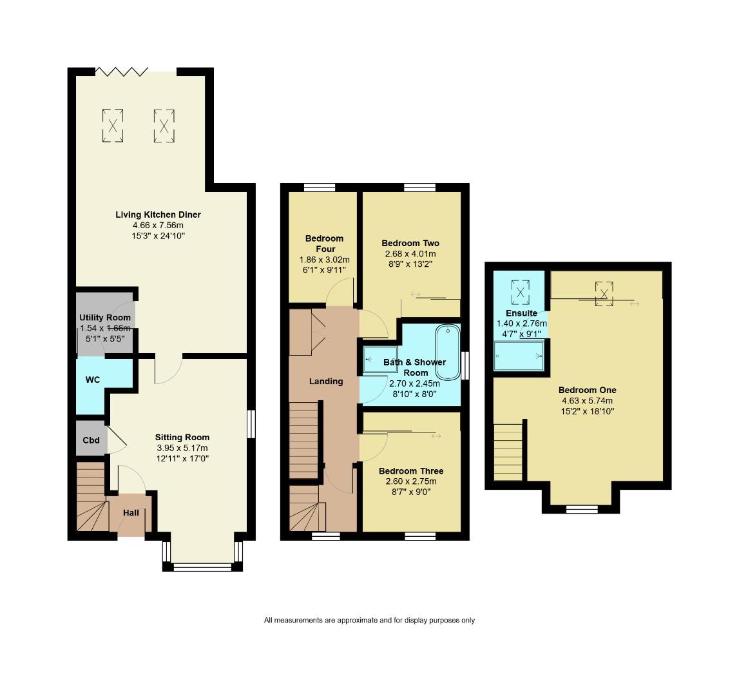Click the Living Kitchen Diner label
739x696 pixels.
point(158,215)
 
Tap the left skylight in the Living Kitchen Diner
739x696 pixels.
point(113,125)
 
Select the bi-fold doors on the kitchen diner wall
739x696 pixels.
point(122,70)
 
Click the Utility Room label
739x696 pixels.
point(105,318)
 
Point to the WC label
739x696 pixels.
point(93,380)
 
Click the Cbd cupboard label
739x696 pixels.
point(91,440)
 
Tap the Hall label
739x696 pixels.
point(131,513)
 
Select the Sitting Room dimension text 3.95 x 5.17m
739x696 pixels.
point(182,449)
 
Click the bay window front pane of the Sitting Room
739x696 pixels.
point(202,567)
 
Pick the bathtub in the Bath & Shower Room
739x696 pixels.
point(448,353)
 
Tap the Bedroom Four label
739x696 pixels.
point(324,244)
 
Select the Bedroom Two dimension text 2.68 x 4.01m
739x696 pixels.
point(410,254)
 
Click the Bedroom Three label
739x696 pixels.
point(410,471)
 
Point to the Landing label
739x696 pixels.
point(326,381)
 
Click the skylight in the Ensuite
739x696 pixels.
point(521,291)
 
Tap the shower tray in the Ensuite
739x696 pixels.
point(519,356)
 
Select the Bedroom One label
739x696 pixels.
point(587,390)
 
